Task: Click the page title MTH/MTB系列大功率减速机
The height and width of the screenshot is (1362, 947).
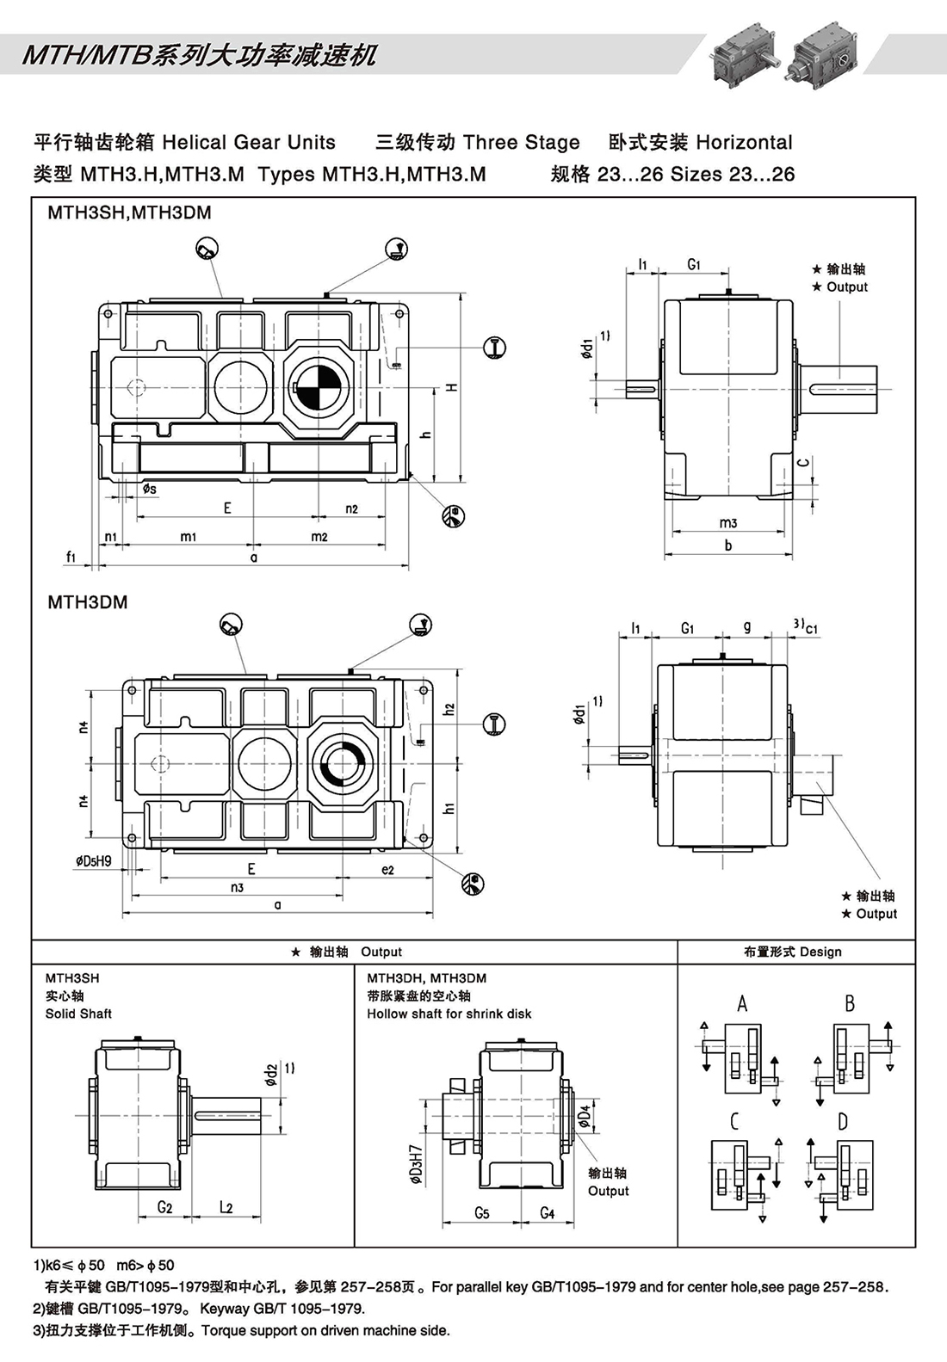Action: click(199, 55)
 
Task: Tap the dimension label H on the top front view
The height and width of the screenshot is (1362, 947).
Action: click(451, 387)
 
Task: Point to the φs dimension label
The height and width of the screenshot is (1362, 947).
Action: click(150, 489)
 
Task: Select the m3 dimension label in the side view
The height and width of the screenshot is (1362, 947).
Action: click(728, 522)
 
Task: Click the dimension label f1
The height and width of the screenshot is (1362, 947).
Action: click(72, 557)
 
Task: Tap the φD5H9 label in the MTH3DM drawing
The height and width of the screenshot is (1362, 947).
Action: click(94, 860)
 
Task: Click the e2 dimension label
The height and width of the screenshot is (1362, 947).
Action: click(387, 870)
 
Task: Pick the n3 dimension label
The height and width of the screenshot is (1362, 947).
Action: click(237, 887)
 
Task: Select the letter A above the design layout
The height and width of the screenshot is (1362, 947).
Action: click(742, 1003)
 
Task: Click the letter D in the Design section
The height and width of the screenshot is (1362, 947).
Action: click(842, 1121)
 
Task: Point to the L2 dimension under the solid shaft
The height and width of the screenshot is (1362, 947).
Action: click(226, 1207)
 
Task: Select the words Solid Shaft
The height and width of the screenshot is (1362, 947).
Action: click(78, 1014)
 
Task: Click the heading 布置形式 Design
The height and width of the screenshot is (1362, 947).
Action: click(793, 952)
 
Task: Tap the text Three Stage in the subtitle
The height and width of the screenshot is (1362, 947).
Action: click(521, 142)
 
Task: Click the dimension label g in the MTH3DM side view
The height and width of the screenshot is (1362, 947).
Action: click(746, 627)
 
